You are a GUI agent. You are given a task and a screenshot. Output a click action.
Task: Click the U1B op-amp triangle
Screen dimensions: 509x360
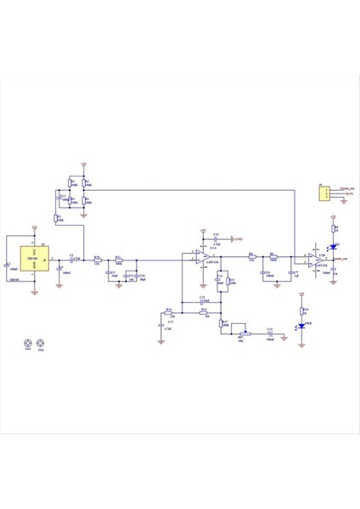tap(315, 258)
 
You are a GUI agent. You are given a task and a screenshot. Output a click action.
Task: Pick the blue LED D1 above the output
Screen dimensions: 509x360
tap(334, 247)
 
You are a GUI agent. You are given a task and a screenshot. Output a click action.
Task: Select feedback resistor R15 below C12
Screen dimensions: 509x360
tap(205, 311)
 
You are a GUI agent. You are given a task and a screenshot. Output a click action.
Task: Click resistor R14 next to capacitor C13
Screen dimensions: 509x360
tap(170, 311)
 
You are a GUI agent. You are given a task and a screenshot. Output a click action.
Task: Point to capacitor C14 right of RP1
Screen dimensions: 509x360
tap(270, 333)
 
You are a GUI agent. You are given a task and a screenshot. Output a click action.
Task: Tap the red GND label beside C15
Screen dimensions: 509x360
tap(239, 240)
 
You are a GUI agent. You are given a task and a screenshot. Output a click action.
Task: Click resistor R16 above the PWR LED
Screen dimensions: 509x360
tap(301, 310)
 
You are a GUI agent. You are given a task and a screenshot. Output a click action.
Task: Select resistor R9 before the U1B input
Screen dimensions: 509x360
tap(273, 256)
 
